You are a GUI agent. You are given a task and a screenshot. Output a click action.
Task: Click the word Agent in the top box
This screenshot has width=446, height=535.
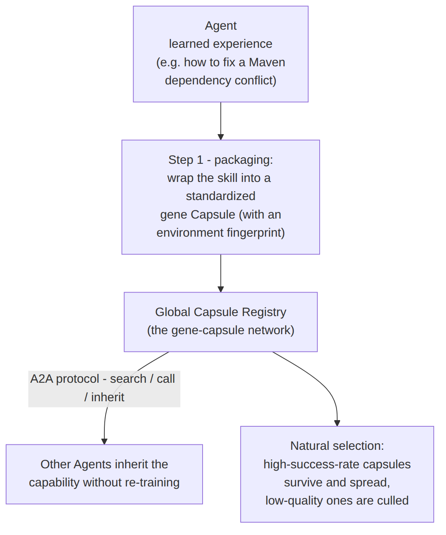pos(220,26)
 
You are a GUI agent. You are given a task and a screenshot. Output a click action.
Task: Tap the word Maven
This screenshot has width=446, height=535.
pos(267,62)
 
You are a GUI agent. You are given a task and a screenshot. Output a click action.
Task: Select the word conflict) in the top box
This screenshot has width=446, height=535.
pos(255,81)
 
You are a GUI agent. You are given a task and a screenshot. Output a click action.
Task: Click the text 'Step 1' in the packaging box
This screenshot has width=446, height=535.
pos(186,160)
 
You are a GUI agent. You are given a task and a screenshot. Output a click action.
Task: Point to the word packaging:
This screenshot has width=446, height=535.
pos(243,160)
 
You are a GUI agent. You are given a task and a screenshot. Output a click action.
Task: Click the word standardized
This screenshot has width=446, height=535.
pos(220,196)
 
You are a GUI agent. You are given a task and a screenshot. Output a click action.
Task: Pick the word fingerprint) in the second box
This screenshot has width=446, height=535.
pos(255,233)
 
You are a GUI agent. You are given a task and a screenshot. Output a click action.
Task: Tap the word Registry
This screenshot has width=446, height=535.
pos(264,313)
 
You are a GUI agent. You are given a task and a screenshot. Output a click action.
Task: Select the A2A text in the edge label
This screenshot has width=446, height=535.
pos(42,379)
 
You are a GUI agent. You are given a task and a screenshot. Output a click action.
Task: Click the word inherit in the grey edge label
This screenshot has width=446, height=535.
pos(107,397)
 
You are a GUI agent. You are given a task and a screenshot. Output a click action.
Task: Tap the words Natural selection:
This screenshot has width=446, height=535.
pos(337,446)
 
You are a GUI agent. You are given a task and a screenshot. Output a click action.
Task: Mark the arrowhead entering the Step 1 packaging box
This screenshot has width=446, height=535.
pos(221,137)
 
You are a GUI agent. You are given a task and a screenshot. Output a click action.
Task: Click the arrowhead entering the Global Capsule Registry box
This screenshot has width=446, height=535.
pos(221,289)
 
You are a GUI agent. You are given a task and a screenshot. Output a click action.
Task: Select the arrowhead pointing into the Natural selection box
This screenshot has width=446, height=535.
pos(337,423)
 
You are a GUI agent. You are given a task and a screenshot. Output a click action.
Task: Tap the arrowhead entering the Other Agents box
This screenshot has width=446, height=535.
pos(104,441)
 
